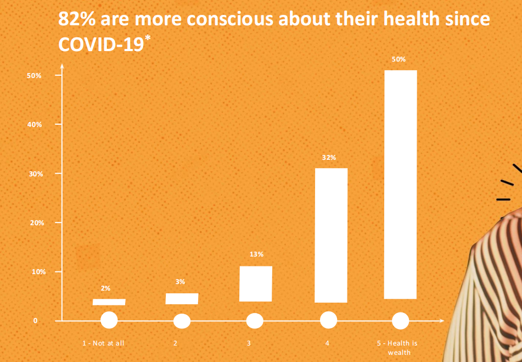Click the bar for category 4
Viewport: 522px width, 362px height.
[331, 235]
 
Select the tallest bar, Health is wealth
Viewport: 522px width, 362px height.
[401, 185]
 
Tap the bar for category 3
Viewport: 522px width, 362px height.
[256, 283]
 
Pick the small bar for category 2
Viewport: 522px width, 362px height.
[182, 299]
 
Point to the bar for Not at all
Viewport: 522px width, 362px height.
[109, 302]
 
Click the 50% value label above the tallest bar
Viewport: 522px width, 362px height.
[399, 59]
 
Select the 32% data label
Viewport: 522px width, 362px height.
[329, 158]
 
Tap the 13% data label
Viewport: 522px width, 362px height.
[256, 254]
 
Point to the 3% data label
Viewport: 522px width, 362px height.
[180, 282]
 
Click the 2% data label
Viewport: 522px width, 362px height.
[105, 288]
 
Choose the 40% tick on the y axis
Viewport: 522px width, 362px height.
[35, 125]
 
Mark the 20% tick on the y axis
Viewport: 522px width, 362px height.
[35, 223]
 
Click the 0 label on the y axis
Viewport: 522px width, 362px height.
[36, 321]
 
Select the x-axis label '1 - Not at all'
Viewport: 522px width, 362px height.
[104, 343]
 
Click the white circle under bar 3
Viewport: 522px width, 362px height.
[255, 321]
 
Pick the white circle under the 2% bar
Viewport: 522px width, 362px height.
[109, 320]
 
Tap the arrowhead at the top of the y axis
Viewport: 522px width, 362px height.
[62, 67]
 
